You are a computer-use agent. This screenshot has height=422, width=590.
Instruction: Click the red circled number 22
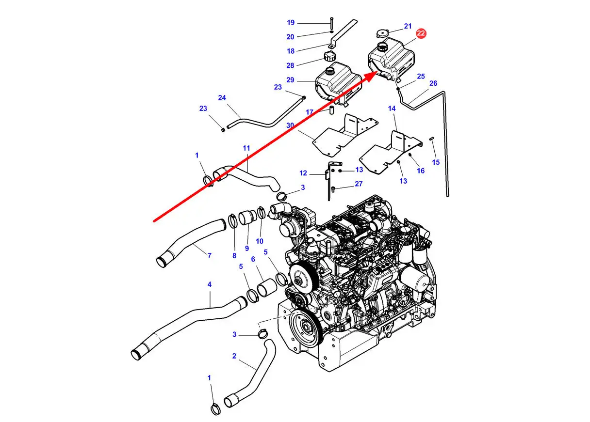pyautogui.click(x=421, y=33)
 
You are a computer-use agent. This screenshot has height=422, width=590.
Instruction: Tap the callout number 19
pyautogui.click(x=291, y=23)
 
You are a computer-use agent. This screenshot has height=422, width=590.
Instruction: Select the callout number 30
pyautogui.click(x=290, y=125)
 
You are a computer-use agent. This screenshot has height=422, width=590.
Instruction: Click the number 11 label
pyautogui.click(x=246, y=148)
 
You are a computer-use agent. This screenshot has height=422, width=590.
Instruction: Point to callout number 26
pyautogui.click(x=433, y=83)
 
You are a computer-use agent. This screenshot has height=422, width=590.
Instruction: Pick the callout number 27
pyautogui.click(x=359, y=184)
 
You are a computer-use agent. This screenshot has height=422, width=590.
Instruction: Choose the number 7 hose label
pyautogui.click(x=209, y=255)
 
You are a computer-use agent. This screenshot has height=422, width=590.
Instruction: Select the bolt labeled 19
pyautogui.click(x=331, y=23)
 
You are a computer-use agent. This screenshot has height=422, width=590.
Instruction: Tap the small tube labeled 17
pyautogui.click(x=332, y=110)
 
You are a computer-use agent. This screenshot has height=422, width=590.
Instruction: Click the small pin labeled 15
pyautogui.click(x=432, y=139)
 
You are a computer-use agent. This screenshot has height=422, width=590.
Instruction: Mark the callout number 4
pyautogui.click(x=210, y=284)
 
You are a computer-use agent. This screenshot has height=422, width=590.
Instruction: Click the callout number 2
pyautogui.click(x=234, y=356)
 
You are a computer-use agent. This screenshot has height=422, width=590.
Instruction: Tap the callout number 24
pyautogui.click(x=222, y=98)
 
